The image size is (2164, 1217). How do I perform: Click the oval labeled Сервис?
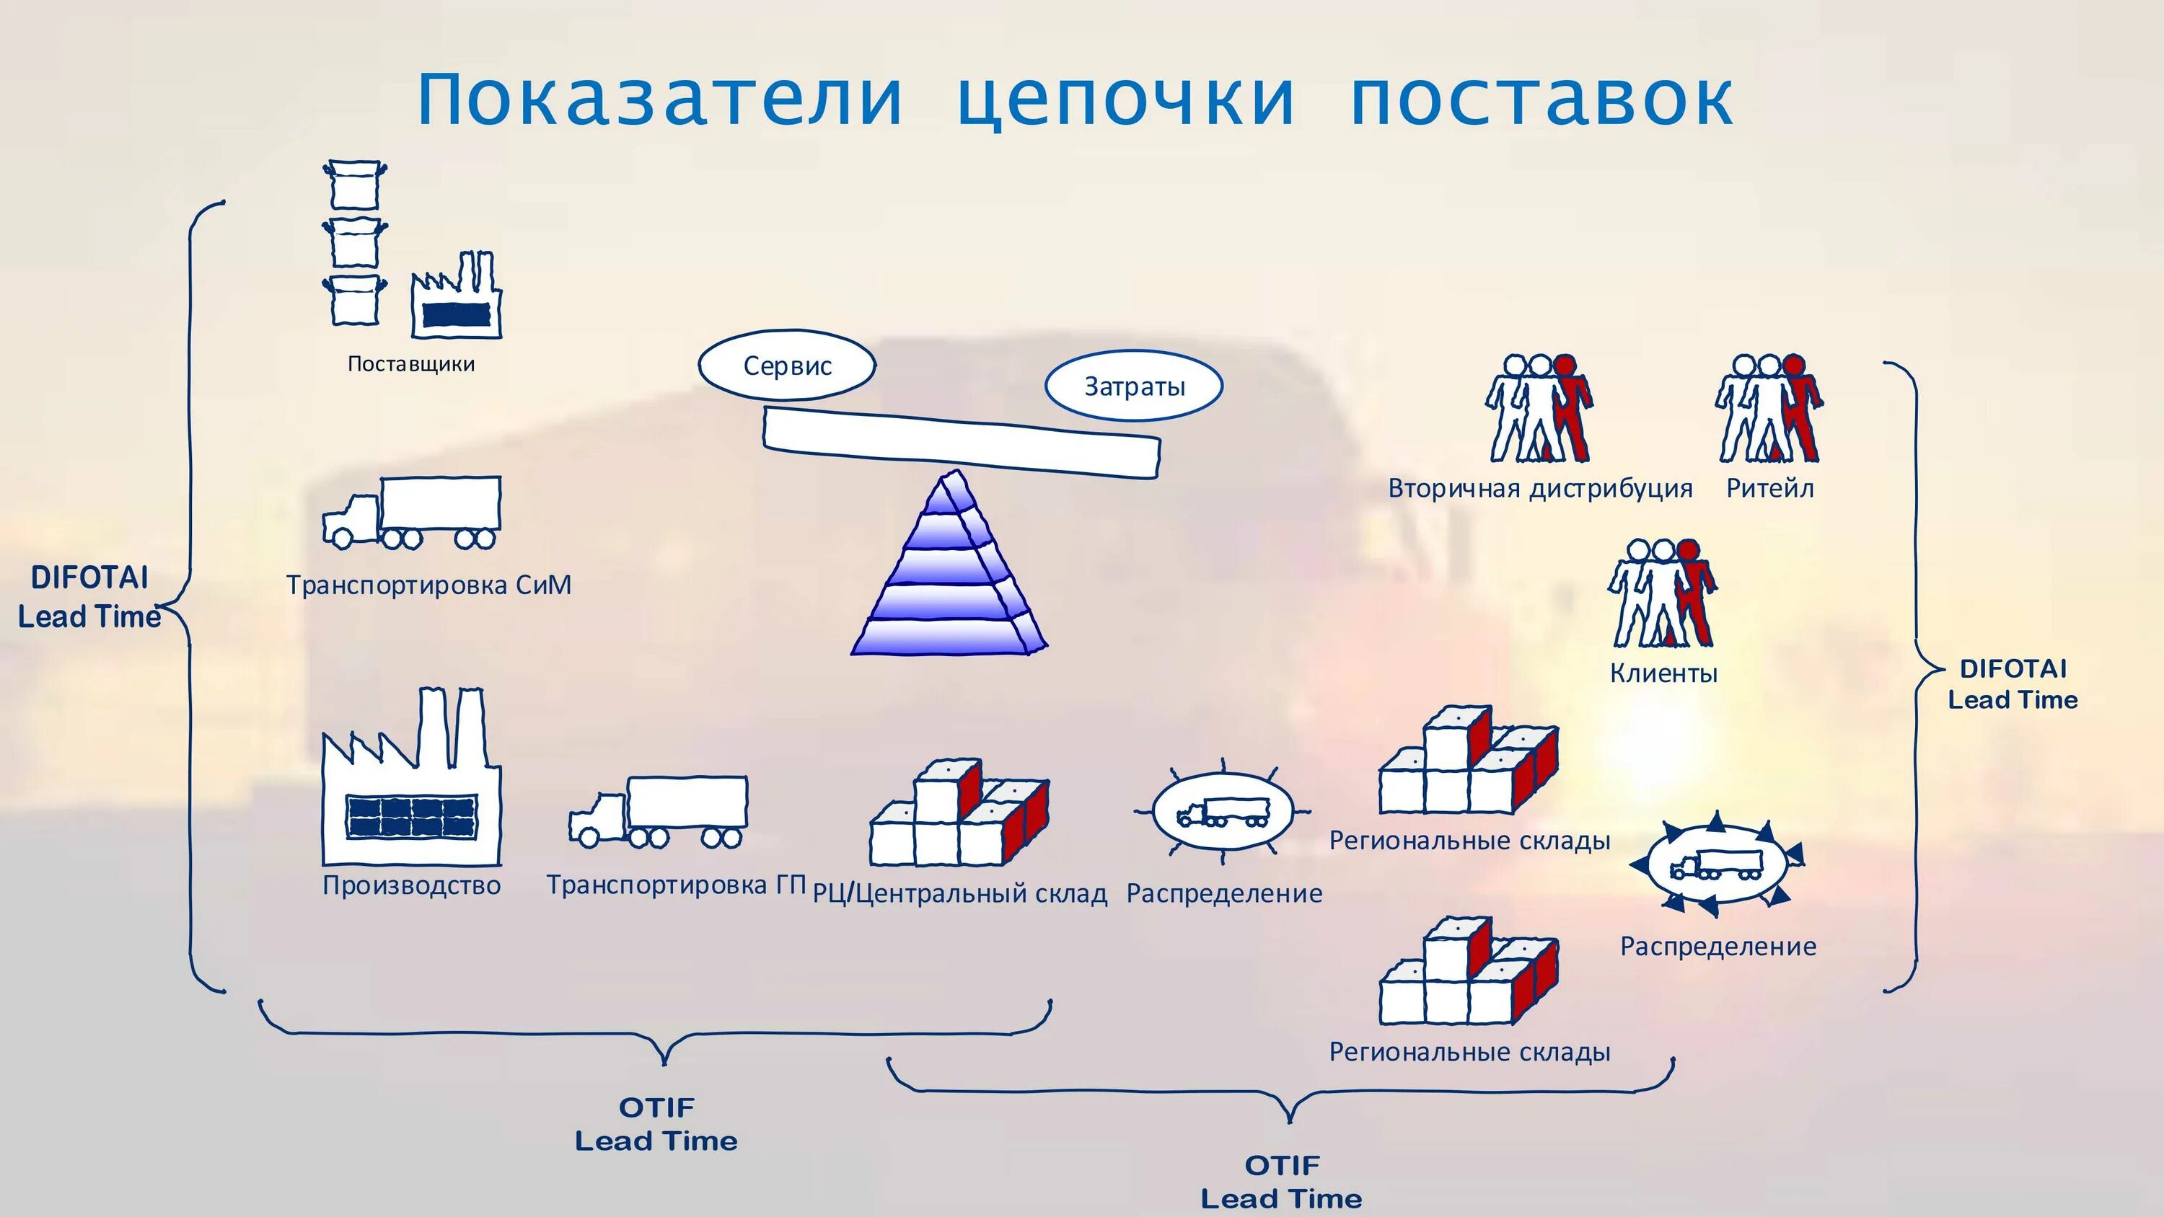pos(787,366)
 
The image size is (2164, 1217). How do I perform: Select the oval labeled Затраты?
pos(1134,386)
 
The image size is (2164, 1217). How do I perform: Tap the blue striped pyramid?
pos(949,571)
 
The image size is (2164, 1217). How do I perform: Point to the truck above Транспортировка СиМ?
pos(413,513)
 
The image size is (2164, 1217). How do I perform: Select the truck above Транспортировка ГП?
pos(659,811)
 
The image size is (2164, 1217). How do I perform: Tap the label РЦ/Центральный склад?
pos(960,893)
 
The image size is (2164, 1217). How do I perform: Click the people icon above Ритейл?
pos(1768,409)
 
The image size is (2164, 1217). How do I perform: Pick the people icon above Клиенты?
pos(1662,594)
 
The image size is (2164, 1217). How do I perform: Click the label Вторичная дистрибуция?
pos(1540,489)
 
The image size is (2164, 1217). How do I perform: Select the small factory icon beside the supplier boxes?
pos(456,298)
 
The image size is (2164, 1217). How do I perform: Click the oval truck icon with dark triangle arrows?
pos(1715,865)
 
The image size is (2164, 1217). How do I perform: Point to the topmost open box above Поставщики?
pos(354,185)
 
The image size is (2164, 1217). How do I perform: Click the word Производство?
pos(412,885)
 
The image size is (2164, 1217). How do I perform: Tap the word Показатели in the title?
pos(659,99)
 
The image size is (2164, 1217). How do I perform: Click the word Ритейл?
pos(1770,489)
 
